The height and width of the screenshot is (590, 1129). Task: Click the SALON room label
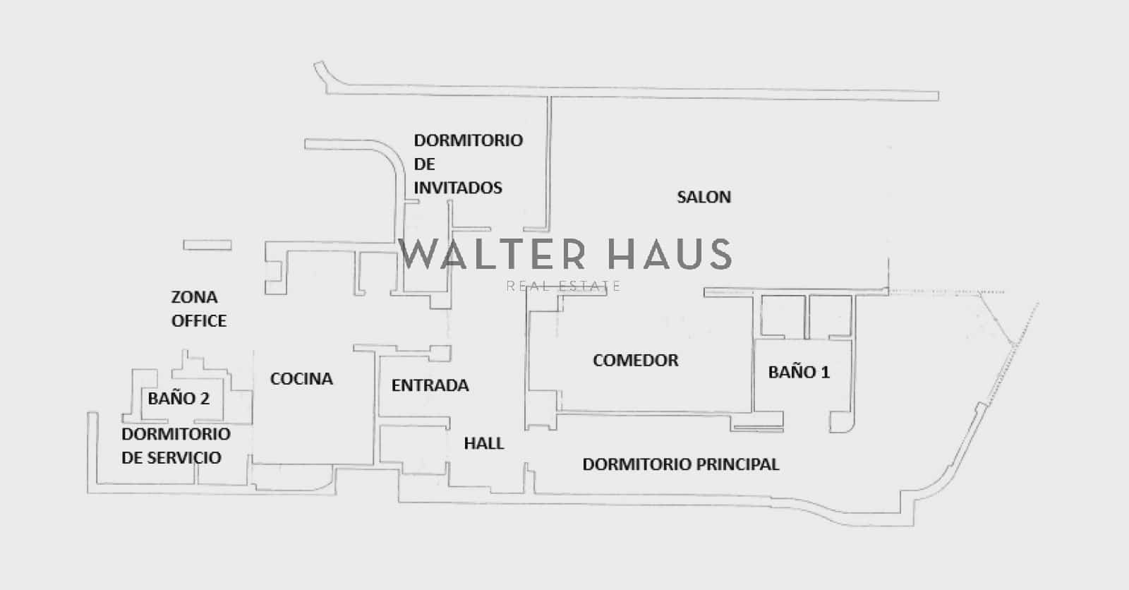click(704, 197)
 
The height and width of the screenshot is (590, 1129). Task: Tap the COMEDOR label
click(636, 361)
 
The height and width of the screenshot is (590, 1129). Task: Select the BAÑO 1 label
click(799, 372)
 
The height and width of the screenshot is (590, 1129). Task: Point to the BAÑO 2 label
click(179, 398)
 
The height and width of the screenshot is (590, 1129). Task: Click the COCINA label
click(301, 379)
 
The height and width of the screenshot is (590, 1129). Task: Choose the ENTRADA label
click(430, 386)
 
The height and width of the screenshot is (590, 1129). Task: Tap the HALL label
click(484, 443)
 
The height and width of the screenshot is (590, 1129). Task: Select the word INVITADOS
click(458, 188)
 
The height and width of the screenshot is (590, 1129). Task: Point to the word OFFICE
click(199, 321)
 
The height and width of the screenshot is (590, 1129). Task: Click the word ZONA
click(195, 298)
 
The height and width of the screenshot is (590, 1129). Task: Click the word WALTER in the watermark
click(491, 255)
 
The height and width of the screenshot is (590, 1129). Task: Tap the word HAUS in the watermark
click(670, 255)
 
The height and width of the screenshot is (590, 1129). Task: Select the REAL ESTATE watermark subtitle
click(564, 287)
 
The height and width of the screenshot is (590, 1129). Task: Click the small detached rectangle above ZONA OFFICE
click(207, 245)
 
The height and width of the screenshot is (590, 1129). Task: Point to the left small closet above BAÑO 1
click(783, 316)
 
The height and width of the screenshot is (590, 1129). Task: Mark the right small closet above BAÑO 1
click(830, 316)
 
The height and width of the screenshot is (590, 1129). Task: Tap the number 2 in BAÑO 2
click(205, 398)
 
